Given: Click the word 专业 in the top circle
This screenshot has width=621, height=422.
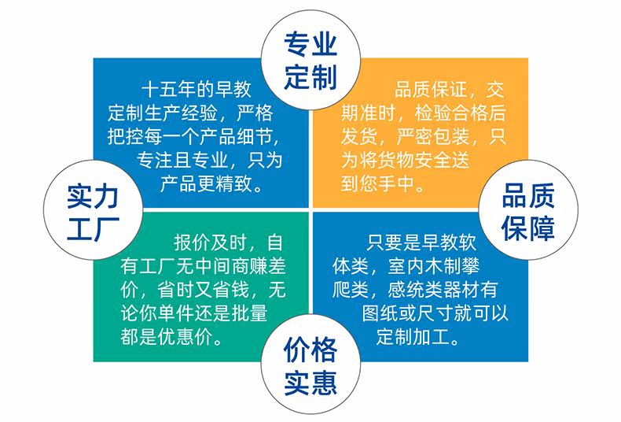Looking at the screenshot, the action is point(310,44).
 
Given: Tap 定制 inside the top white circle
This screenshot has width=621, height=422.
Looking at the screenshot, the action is point(310,76).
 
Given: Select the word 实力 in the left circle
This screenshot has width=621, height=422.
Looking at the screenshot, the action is point(93,197).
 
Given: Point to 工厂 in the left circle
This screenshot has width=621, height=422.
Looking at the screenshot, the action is point(93,228).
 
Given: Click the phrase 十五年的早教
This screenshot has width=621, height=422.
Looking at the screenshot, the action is point(197,89).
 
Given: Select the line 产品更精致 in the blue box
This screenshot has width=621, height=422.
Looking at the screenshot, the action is point(206,183).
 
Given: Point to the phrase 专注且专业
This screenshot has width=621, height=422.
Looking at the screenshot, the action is point(182,160).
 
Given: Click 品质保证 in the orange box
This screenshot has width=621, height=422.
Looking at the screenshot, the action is point(431,90).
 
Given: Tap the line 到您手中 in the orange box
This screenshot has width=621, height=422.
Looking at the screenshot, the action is point(377,183).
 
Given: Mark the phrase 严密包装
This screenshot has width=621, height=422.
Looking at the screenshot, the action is point(432,136).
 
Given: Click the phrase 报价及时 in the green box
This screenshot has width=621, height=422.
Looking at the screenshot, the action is point(211,242).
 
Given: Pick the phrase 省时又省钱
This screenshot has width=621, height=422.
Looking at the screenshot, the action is point(203,290).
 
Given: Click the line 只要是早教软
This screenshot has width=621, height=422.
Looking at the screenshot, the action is point(421,242).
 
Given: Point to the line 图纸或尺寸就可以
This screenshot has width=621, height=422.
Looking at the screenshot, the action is point(435,313).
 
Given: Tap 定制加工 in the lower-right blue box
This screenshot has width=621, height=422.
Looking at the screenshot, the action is point(413,337).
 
